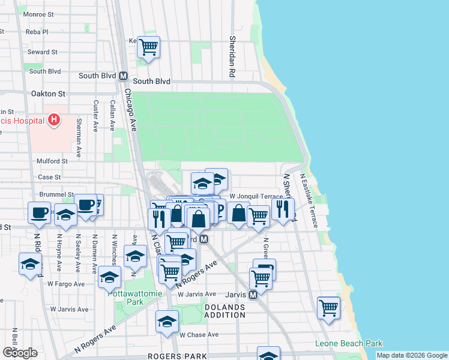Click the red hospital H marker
click(54, 120)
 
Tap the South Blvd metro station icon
click(124, 77)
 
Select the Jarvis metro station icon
click(253, 295)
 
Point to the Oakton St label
click(48, 94)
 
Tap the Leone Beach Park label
click(349, 344)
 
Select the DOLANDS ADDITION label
click(225, 311)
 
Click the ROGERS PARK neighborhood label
click(169, 356)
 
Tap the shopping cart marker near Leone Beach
click(328, 308)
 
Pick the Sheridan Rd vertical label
click(232, 56)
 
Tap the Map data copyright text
click(411, 355)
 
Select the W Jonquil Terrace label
click(256, 196)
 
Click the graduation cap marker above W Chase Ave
click(167, 321)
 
